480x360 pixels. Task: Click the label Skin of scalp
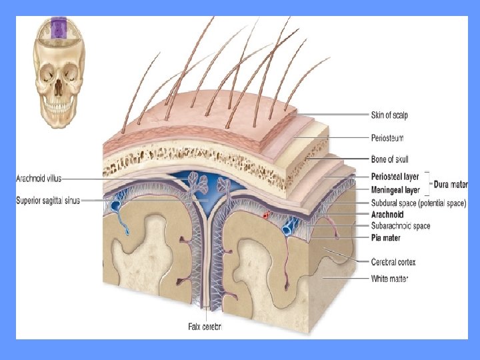pos(389,115)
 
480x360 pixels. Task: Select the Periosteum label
pos(387,137)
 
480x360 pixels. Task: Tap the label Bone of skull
pos(390,159)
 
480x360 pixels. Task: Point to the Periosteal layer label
pos(395,177)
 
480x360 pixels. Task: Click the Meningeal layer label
pos(394,190)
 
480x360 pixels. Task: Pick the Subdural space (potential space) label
pos(418,203)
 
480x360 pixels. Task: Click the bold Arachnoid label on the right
pos(387,215)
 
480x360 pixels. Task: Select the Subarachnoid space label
pos(400,226)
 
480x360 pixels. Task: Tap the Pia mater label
pos(385,237)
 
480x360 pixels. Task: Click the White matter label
pos(389,278)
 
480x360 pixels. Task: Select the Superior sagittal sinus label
pos(48,200)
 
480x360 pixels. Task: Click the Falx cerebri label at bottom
pos(204,327)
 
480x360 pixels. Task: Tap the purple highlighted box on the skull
pos(59,28)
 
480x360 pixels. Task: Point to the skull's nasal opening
pos(59,85)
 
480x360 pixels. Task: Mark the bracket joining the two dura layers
pos(428,183)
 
